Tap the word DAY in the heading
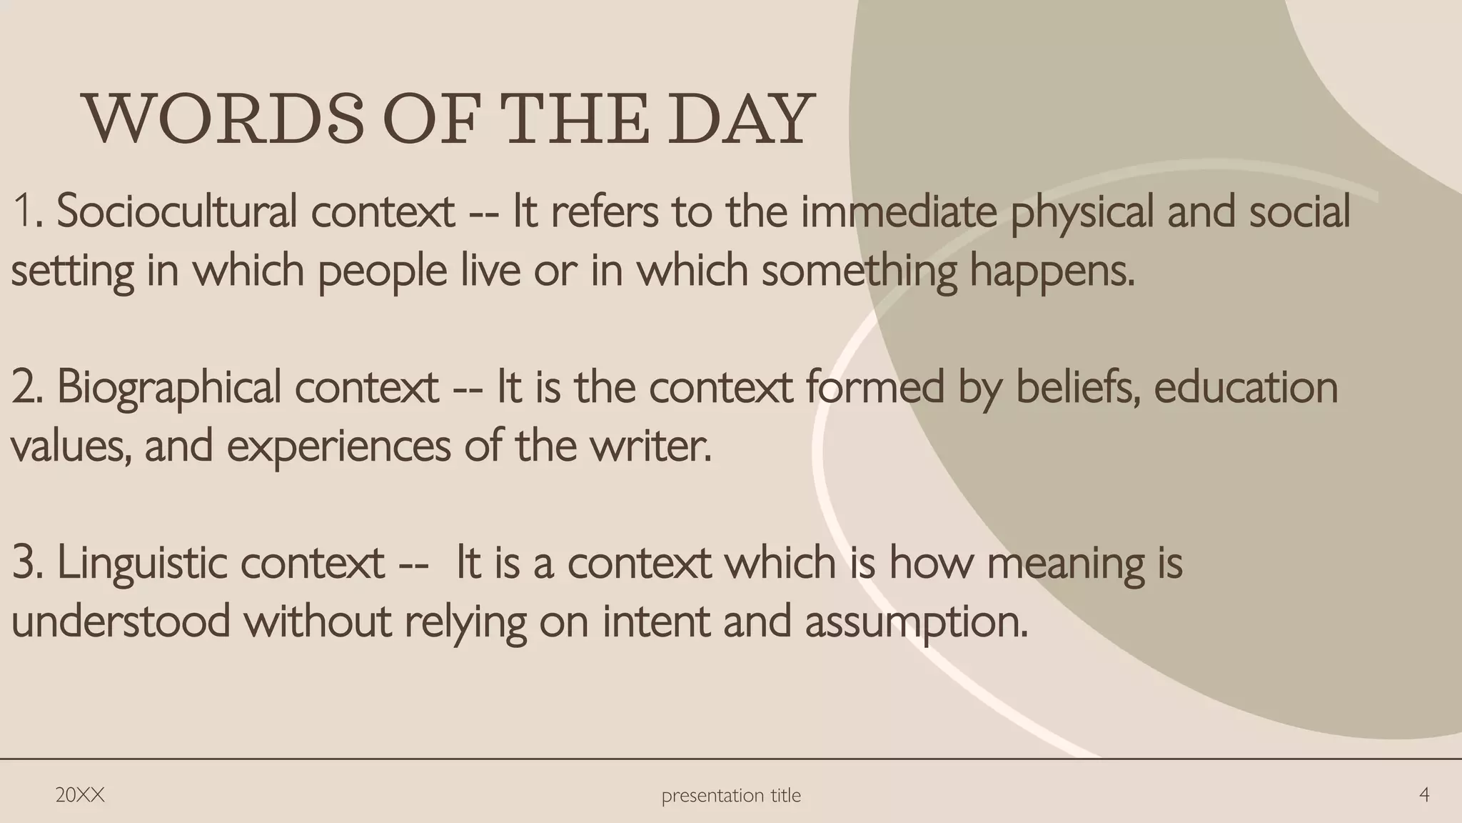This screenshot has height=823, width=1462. (742, 119)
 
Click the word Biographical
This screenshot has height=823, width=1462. (169, 388)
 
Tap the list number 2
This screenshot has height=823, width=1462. (26, 388)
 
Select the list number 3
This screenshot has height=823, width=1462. (26, 564)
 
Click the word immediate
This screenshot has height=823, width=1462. (899, 212)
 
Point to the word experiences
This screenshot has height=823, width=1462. (338, 447)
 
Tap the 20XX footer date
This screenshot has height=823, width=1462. (80, 795)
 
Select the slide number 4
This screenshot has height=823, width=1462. (1424, 795)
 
